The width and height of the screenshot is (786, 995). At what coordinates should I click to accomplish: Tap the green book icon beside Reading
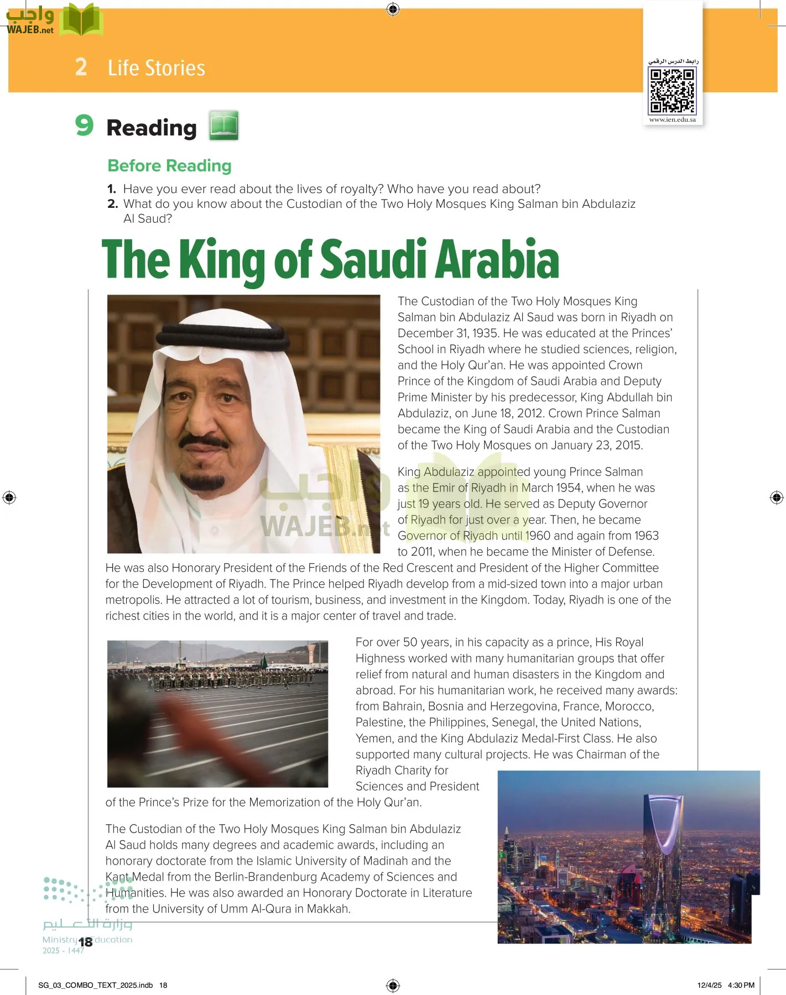(x=223, y=125)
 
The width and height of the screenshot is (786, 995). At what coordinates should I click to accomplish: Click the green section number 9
(x=84, y=125)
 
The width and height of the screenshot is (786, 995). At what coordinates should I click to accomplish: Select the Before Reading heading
(x=169, y=165)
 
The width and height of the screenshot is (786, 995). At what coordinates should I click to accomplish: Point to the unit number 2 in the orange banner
(x=81, y=67)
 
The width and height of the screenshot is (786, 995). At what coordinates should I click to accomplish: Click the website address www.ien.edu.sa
(x=672, y=119)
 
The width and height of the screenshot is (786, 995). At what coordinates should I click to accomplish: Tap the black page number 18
(x=85, y=942)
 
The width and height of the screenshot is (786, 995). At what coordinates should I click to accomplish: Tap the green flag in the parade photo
(x=264, y=662)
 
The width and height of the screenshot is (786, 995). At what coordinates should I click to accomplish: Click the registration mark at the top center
(x=393, y=9)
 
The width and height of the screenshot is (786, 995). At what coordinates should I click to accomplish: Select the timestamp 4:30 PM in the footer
(x=741, y=985)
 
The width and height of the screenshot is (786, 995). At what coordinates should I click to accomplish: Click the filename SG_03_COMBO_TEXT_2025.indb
(x=95, y=985)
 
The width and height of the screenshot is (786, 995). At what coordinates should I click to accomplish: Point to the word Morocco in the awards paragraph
(x=629, y=706)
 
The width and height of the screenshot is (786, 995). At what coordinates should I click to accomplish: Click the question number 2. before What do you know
(x=113, y=204)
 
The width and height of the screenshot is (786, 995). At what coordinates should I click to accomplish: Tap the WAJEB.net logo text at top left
(x=30, y=30)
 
